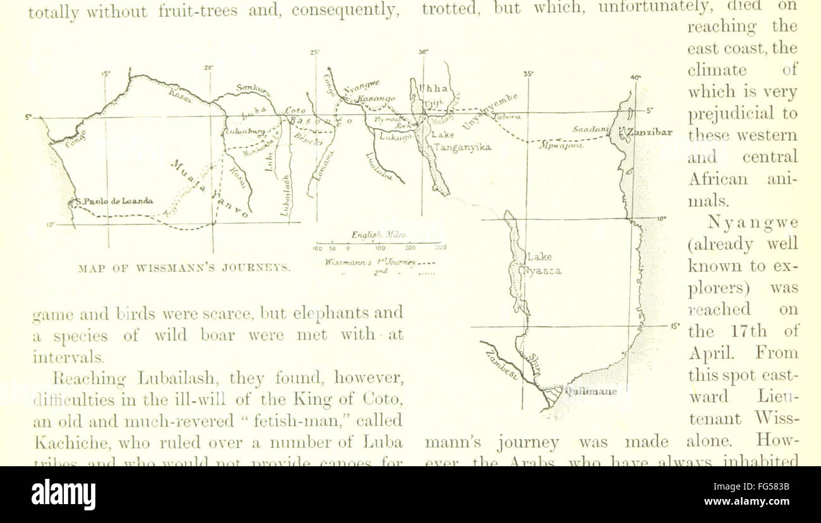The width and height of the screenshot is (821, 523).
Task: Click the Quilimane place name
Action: pyautogui.click(x=590, y=391)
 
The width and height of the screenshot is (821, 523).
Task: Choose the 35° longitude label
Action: pyautogui.click(x=528, y=73)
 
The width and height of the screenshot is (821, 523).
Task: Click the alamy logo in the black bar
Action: pyautogui.click(x=63, y=494)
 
